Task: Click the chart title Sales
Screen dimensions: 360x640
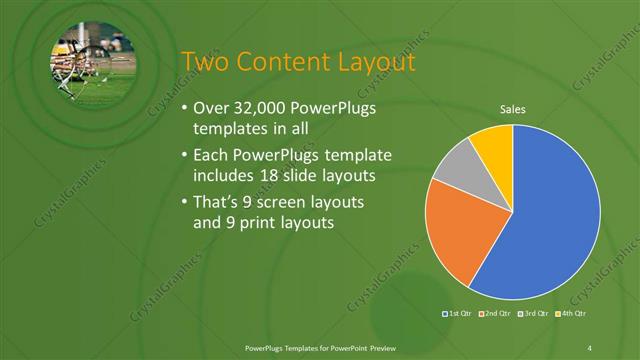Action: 512,110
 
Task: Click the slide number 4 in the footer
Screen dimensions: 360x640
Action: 590,347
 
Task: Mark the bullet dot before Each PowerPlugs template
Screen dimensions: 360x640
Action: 181,156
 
